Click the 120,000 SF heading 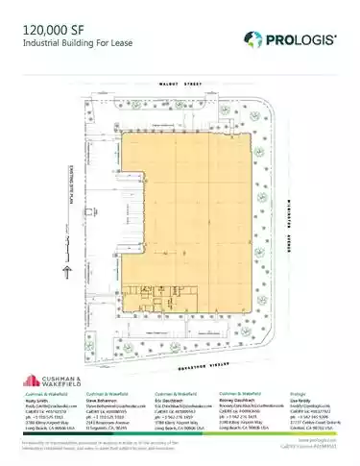48,31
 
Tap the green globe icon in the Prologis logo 252,39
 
